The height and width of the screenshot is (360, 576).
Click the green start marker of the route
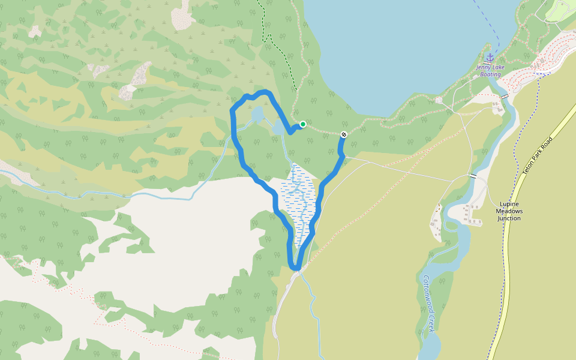[303, 124]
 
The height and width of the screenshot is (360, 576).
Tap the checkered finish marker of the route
[344, 134]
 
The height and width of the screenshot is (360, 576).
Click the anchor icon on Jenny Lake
[490, 58]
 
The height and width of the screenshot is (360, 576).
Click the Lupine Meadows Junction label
[509, 211]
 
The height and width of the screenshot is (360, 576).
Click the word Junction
[509, 218]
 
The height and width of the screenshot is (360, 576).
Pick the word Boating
[490, 74]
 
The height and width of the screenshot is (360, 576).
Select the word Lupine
[509, 204]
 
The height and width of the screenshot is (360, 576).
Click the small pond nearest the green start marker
[279, 128]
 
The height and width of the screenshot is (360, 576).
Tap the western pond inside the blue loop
[257, 114]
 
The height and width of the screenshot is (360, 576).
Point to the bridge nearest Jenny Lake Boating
[505, 96]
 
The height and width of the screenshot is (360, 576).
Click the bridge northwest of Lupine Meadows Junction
[474, 176]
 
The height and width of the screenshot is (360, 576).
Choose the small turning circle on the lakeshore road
[439, 100]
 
